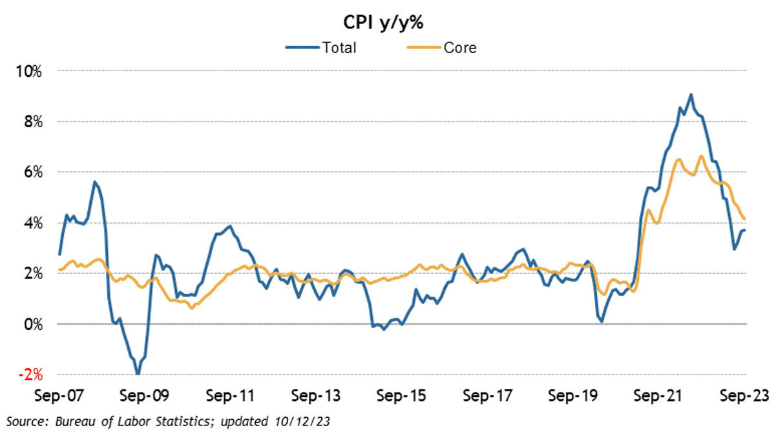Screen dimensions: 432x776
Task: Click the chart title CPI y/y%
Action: point(387,21)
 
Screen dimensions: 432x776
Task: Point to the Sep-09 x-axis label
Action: point(142,395)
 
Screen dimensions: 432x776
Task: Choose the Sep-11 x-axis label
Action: point(227,395)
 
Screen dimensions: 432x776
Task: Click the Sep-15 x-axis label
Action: point(401,395)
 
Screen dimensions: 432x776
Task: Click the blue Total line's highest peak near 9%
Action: point(691,94)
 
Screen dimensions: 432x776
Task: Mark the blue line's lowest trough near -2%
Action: point(138,374)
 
